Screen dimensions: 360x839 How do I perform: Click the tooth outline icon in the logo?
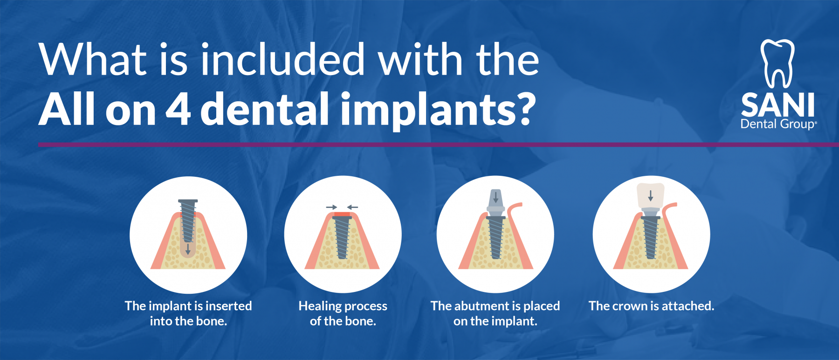(777, 63)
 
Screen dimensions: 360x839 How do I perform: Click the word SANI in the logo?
(777, 105)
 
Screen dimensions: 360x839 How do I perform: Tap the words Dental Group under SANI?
(777, 124)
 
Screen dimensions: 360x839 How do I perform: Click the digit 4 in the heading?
(179, 108)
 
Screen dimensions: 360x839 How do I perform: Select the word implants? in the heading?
(438, 110)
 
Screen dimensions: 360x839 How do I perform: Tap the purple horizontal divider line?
(419, 145)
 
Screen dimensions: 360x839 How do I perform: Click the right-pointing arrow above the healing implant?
(331, 207)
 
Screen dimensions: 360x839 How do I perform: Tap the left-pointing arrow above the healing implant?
(353, 207)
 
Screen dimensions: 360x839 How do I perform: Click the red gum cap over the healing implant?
(342, 215)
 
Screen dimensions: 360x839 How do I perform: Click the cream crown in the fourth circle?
(651, 194)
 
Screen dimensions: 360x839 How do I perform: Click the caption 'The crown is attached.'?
(651, 306)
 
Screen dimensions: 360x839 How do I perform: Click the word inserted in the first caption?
(228, 306)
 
